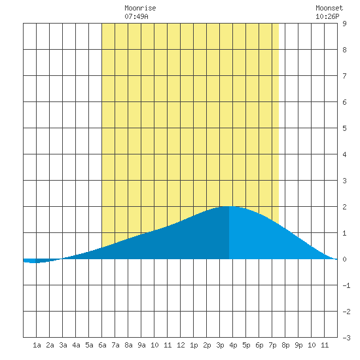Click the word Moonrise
[140, 8]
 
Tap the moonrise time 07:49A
[136, 16]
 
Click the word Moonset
[329, 8]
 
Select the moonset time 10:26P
[327, 16]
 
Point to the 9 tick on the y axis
[344, 24]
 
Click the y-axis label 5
[344, 128]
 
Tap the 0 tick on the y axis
[344, 259]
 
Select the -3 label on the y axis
[346, 338]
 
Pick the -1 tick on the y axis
[346, 285]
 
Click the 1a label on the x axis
[37, 345]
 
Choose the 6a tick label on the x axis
[102, 345]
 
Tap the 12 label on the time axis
[181, 345]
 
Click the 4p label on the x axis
[233, 345]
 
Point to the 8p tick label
[285, 345]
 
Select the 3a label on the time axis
[63, 345]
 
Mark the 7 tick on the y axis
[344, 76]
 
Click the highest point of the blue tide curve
[229, 206]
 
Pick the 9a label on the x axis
[141, 345]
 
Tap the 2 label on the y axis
[344, 207]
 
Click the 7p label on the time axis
[272, 345]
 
